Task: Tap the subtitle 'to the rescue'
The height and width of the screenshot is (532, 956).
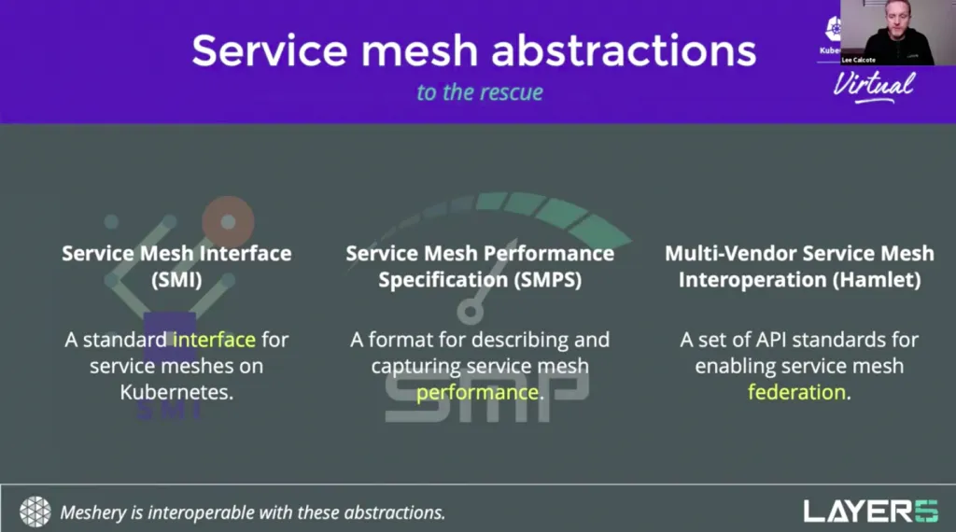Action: [480, 92]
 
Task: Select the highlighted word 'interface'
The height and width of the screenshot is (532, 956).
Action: [214, 339]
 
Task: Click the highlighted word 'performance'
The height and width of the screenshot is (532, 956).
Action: [477, 392]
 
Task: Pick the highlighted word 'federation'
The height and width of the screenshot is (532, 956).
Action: [796, 392]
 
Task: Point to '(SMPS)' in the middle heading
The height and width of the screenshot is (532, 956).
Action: [541, 280]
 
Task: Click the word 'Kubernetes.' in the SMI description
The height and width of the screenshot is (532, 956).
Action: [176, 392]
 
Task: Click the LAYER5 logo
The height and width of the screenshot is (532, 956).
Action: [870, 511]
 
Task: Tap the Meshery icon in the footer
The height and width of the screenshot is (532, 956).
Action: [35, 511]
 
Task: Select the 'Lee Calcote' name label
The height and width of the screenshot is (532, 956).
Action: [859, 60]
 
